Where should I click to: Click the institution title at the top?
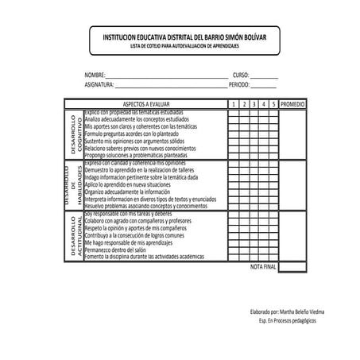(181, 37)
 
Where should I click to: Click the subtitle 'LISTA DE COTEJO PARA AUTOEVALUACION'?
(181, 46)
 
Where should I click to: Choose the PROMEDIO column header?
(293, 104)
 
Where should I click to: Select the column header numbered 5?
(272, 104)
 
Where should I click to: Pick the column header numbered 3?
(252, 104)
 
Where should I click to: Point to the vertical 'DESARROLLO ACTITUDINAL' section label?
(73, 236)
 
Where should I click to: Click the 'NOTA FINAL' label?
(263, 267)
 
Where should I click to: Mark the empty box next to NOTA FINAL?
(293, 267)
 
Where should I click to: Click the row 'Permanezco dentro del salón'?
(122, 250)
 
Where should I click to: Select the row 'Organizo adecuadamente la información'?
(128, 192)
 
